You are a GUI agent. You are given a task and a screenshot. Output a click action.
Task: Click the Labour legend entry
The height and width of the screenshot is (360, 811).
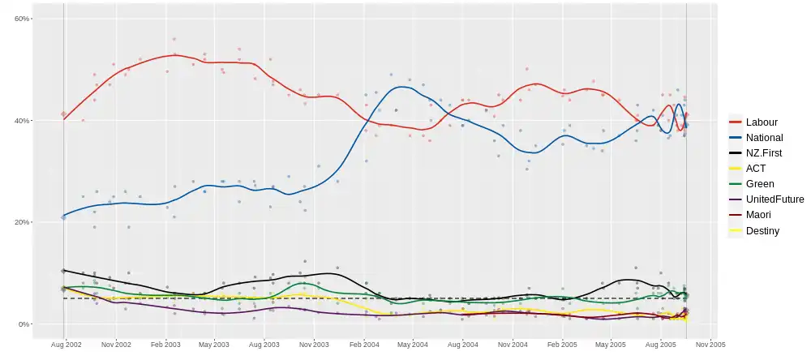[x=762, y=122]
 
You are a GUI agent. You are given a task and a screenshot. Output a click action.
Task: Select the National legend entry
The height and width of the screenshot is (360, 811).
[x=764, y=138]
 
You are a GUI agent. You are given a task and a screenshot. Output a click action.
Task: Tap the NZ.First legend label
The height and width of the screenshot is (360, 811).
[x=764, y=153]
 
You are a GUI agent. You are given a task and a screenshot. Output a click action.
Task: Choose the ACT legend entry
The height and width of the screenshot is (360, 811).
[x=756, y=169]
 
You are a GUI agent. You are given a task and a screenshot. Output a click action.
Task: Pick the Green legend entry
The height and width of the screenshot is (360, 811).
[x=760, y=184]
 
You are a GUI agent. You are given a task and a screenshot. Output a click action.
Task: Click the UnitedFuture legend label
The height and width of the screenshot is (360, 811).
[x=775, y=199]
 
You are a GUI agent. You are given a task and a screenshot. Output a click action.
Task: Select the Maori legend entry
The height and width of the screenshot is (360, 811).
[x=759, y=215]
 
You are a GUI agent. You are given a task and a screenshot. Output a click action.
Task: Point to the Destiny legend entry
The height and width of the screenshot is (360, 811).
[x=762, y=230]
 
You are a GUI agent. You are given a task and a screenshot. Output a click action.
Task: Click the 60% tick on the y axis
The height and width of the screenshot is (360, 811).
[x=22, y=19]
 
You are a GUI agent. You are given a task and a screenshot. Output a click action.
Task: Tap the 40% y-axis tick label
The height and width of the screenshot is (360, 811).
[x=22, y=121]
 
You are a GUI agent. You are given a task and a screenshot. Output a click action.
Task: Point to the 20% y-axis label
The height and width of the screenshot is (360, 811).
[x=22, y=222]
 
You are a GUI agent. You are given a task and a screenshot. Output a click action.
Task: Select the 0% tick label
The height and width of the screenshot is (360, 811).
[x=24, y=324]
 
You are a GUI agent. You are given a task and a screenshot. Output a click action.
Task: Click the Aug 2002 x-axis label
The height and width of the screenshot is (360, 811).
[x=66, y=345]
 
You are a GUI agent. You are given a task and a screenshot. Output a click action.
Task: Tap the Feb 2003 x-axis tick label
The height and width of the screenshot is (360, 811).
[x=165, y=345]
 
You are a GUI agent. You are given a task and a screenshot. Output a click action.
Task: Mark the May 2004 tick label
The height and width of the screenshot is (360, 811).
[x=412, y=345]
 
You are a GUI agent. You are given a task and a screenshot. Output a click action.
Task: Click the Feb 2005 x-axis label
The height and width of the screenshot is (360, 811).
[x=562, y=345]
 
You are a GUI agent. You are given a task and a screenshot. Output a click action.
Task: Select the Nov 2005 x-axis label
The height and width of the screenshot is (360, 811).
[x=710, y=345]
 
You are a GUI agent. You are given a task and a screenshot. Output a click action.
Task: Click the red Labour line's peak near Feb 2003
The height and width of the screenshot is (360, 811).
[x=174, y=55]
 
